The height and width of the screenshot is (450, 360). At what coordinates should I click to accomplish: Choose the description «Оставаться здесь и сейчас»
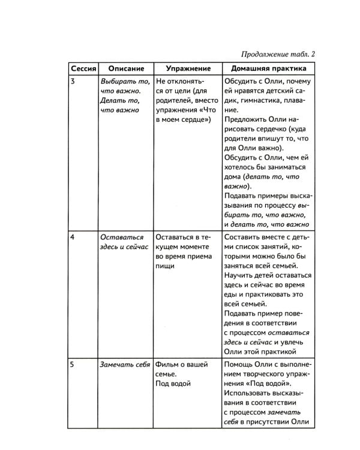[124, 242]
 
